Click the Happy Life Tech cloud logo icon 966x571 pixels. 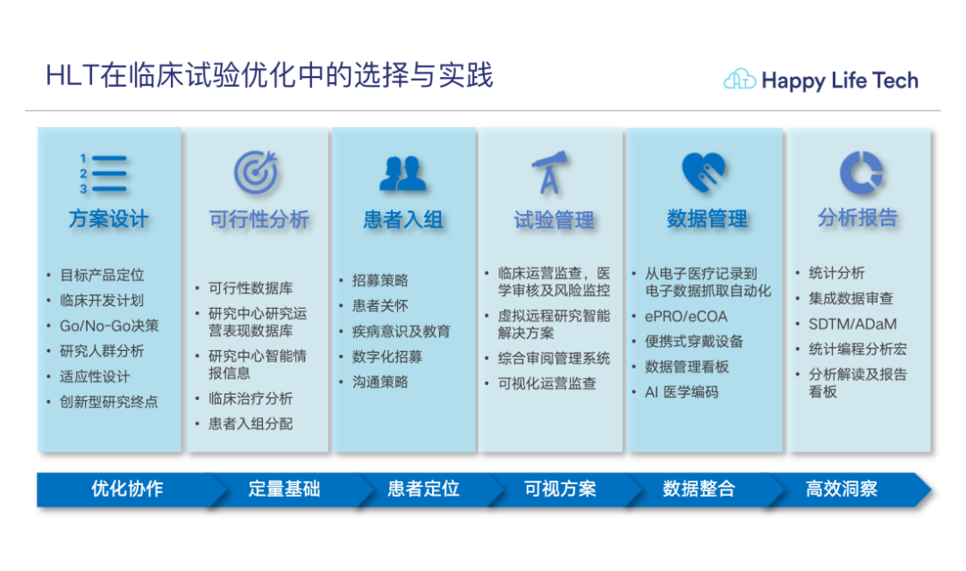click(740, 80)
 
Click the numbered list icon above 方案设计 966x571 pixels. click(103, 174)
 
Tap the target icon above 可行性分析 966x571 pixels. click(257, 172)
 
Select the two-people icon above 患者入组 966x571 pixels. click(402, 174)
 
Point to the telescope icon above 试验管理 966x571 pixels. click(549, 172)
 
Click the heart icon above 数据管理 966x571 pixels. click(704, 172)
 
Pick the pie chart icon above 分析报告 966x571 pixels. click(860, 173)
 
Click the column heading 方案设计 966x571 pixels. click(108, 219)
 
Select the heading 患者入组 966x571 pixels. click(402, 219)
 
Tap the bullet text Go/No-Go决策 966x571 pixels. click(109, 326)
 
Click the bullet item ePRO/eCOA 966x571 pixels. click(686, 316)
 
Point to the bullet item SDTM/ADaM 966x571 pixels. click(852, 324)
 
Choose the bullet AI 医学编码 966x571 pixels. click(682, 392)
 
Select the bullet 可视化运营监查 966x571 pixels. click(547, 384)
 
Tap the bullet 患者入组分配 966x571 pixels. click(250, 423)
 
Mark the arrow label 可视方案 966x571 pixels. click(560, 489)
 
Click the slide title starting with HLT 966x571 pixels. click(269, 76)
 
